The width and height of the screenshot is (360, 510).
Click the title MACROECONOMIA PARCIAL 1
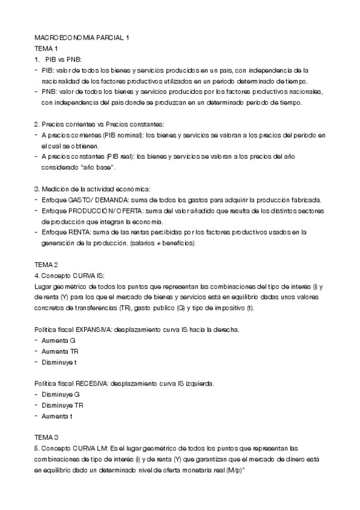tap(82, 37)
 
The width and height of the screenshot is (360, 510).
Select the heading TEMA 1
tap(46, 48)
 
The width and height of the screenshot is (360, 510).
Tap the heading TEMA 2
tap(46, 265)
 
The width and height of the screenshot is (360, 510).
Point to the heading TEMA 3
tap(46, 437)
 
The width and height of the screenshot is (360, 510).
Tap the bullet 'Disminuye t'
tap(60, 362)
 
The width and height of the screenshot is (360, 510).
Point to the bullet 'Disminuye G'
tap(61, 394)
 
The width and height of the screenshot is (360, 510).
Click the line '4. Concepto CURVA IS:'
tap(70, 275)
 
